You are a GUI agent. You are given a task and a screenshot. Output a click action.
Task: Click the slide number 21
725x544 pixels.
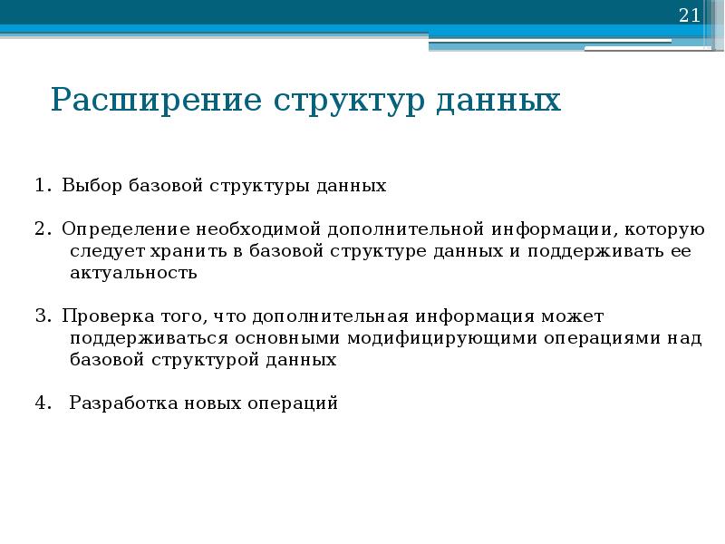(689, 15)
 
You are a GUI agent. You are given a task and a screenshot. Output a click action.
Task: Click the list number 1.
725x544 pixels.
(43, 186)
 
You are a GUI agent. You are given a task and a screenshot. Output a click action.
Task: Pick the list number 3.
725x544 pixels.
(43, 316)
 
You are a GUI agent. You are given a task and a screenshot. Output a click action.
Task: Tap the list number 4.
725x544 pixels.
(43, 403)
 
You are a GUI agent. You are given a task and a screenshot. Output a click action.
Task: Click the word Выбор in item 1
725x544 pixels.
(89, 186)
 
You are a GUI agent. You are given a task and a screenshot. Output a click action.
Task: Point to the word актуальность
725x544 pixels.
(133, 272)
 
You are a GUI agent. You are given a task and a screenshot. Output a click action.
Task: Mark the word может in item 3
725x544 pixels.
(572, 316)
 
